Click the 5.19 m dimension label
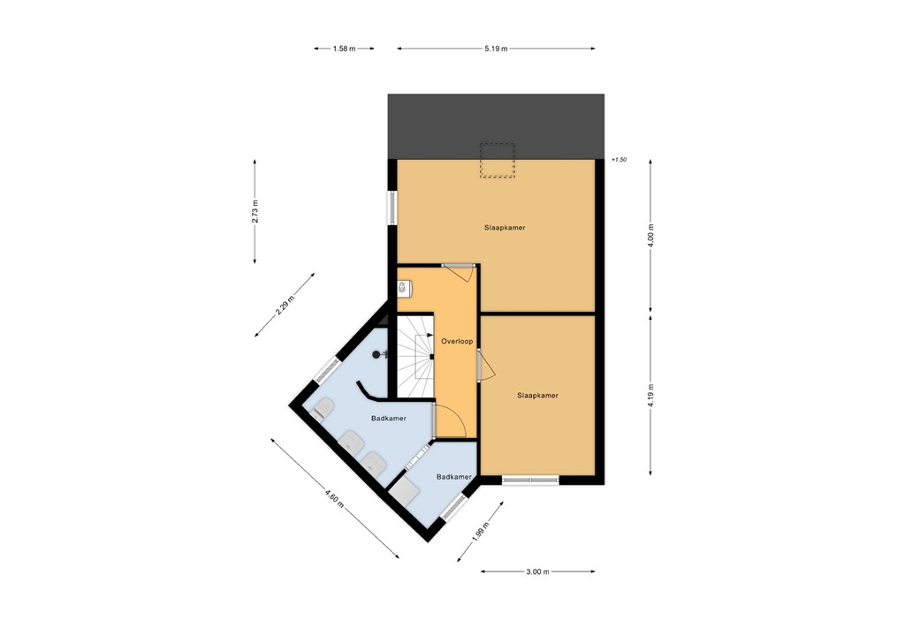[x=496, y=49]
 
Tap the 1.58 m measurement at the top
[x=344, y=49]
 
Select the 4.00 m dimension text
[x=651, y=237]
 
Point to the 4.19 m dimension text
[x=651, y=395]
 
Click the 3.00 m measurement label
[x=537, y=572]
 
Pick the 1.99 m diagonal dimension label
[x=478, y=533]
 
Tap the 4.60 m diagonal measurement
[x=333, y=499]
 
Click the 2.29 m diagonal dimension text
[x=284, y=306]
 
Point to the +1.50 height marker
[x=618, y=160]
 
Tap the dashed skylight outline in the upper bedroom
[x=497, y=161]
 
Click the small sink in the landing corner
[x=404, y=287]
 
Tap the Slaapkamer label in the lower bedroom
[x=537, y=396]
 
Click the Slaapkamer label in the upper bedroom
[x=505, y=228]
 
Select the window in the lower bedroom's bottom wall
[x=530, y=480]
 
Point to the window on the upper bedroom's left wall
[x=392, y=207]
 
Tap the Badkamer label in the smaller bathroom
[x=453, y=477]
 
